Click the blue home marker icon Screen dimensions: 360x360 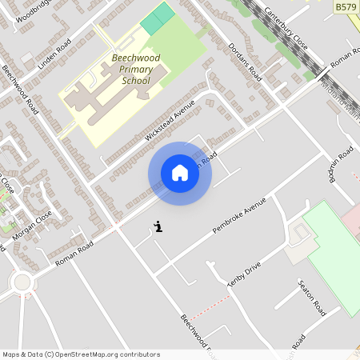pos(180,173)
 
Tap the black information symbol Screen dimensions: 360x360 pos(158,227)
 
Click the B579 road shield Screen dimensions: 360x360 pos(346,6)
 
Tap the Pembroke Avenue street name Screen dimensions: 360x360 pos(238,216)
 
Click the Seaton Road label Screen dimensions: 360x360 pos(310,296)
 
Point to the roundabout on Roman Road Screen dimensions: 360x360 pos(22,282)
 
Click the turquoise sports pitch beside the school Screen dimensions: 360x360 pos(158,18)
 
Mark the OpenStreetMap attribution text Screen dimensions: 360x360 pos(81,354)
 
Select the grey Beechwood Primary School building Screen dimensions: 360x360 pos(112,92)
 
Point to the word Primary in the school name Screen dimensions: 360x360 pos(136,70)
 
